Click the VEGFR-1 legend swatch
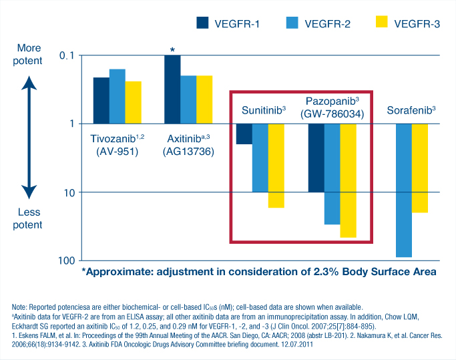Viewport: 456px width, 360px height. click(x=202, y=23)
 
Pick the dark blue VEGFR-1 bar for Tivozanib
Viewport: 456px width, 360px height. click(x=101, y=100)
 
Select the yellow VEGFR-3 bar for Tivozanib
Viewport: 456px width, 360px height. click(x=134, y=102)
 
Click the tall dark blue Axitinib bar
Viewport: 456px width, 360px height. click(x=172, y=89)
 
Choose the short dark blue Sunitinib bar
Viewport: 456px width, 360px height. click(x=244, y=134)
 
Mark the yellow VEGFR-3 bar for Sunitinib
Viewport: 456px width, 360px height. click(x=276, y=166)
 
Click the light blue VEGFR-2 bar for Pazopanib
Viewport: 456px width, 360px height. click(x=332, y=174)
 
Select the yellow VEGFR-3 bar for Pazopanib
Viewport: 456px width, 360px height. click(x=348, y=180)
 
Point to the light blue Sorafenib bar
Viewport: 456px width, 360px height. click(x=403, y=190)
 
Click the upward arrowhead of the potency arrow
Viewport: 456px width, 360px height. click(x=28, y=83)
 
